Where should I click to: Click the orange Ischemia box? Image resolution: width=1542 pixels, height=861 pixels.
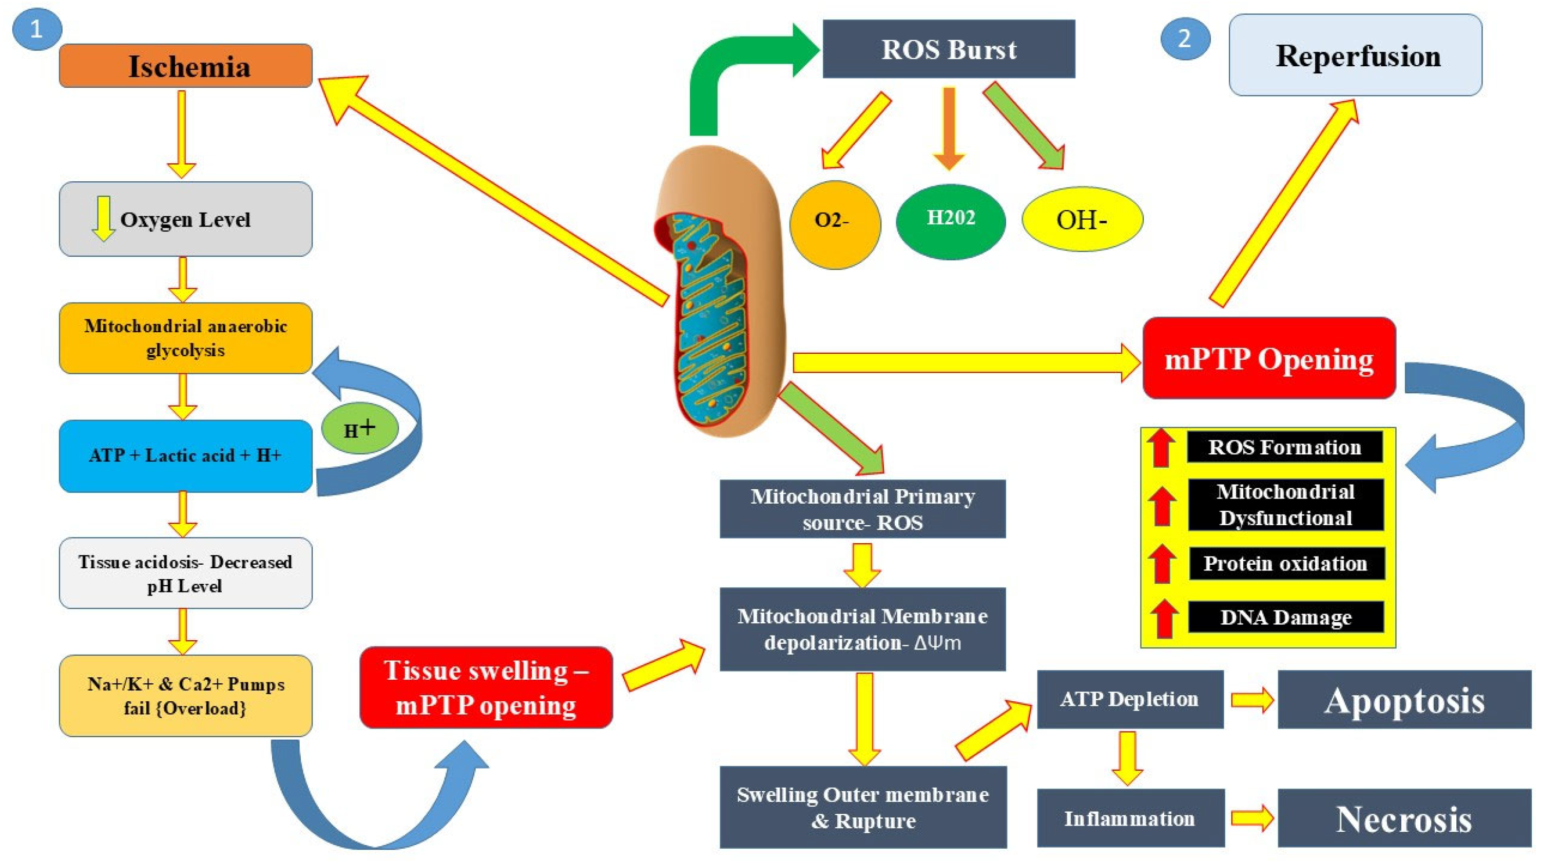(x=186, y=66)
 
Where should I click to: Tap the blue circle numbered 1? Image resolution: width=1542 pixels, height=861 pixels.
(x=36, y=29)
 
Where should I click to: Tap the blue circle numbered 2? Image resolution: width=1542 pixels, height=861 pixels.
(x=1185, y=39)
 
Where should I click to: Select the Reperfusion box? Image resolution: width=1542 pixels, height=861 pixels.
(x=1355, y=55)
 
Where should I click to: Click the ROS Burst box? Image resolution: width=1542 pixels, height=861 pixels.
(x=948, y=49)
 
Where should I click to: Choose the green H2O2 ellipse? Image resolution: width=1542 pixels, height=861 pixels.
(x=951, y=220)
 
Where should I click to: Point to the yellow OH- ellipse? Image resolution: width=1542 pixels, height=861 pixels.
(x=1082, y=219)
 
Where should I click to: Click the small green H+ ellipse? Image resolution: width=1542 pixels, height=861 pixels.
(x=359, y=428)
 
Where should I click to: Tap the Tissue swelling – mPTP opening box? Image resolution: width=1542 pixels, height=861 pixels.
(x=486, y=687)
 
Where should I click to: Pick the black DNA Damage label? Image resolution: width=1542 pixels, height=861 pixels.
(x=1286, y=617)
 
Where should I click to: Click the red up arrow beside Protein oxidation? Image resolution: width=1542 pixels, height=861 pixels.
(x=1162, y=563)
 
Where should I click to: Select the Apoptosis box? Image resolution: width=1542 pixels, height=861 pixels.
(x=1404, y=699)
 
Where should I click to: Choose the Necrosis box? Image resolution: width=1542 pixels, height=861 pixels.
(x=1404, y=818)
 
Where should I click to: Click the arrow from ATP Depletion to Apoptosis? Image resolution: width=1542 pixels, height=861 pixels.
(x=1251, y=699)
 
